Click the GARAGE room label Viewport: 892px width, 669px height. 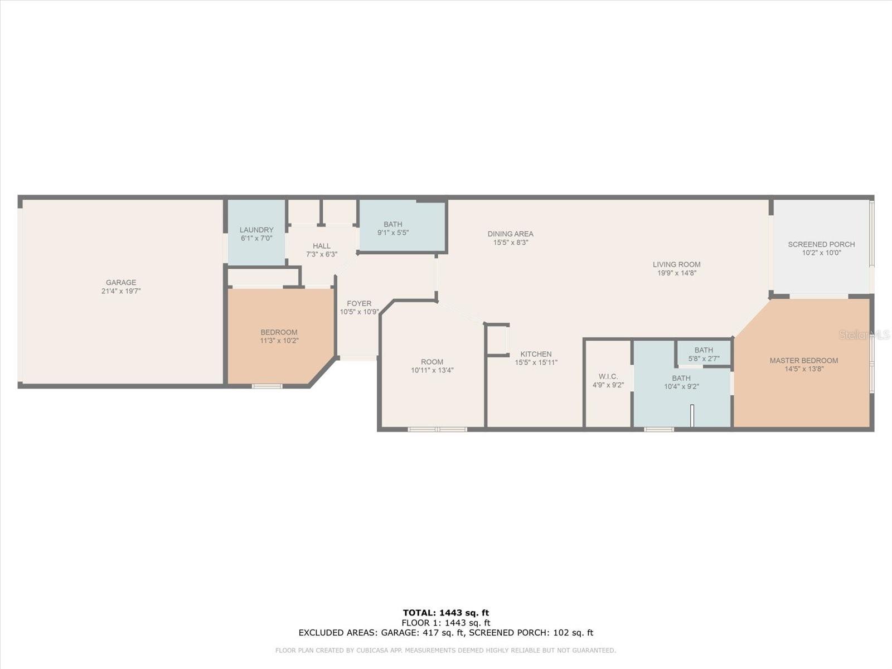tap(121, 282)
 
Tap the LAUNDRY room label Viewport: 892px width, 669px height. tap(256, 230)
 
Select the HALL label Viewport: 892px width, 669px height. tap(322, 246)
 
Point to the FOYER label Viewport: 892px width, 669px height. tap(359, 303)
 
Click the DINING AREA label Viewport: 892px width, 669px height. tap(511, 234)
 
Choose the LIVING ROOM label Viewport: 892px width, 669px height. tap(677, 264)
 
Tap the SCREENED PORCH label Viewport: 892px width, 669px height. tap(821, 245)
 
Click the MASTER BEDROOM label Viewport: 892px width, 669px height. tap(804, 361)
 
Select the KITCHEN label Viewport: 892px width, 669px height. tap(536, 354)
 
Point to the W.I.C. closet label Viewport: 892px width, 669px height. tap(608, 376)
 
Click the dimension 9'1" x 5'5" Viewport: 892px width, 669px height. tap(393, 232)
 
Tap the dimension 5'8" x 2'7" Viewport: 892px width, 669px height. tap(704, 358)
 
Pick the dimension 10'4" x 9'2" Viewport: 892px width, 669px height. tap(681, 387)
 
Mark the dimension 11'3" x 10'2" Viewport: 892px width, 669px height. tap(279, 341)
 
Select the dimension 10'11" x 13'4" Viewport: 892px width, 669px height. tap(432, 370)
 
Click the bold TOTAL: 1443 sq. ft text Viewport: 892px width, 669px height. tap(446, 613)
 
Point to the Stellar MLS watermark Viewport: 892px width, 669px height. tap(864, 335)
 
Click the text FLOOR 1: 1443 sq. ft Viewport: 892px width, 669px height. tap(446, 623)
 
